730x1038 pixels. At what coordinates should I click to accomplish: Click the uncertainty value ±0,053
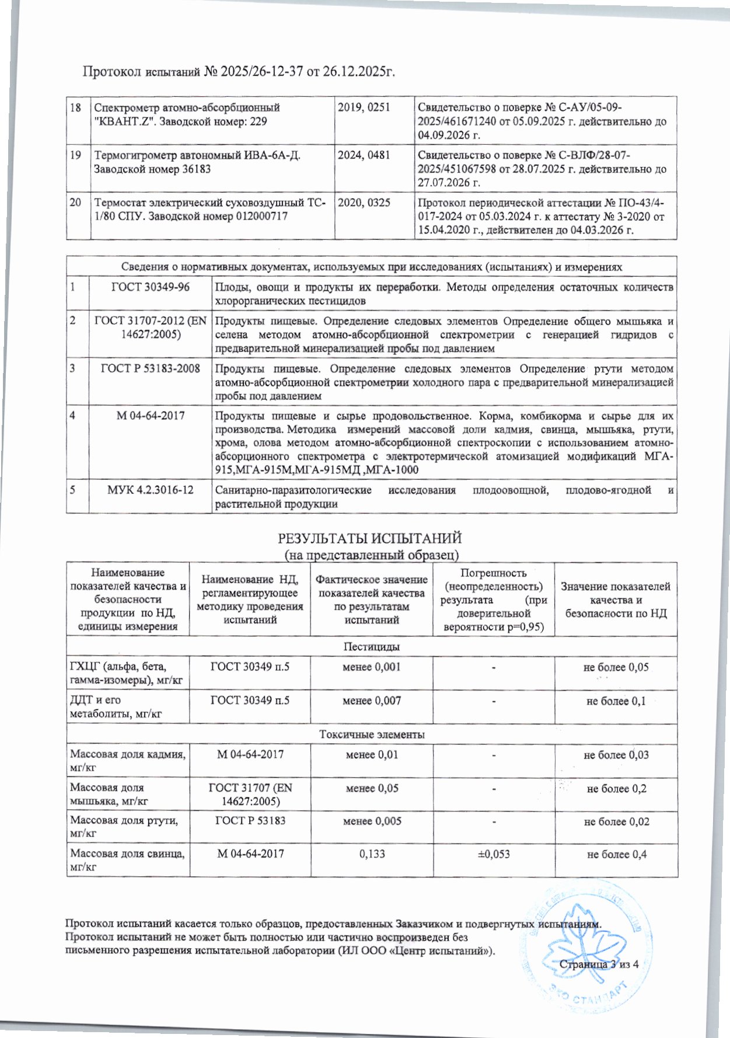point(494,854)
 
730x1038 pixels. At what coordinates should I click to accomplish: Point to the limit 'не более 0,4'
point(616,854)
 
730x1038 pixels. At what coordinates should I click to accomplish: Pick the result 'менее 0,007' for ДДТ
point(372,701)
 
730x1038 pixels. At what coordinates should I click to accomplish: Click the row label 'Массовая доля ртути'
point(124,820)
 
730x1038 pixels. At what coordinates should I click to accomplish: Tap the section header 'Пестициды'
point(371,647)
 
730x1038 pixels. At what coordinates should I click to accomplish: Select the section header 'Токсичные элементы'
point(371,734)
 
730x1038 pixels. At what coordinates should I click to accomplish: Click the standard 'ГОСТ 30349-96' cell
point(150,287)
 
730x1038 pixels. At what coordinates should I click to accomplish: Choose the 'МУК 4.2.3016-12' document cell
point(150,490)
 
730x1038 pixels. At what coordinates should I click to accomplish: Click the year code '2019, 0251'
point(364,107)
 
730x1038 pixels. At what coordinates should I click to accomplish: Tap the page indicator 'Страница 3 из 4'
point(599,964)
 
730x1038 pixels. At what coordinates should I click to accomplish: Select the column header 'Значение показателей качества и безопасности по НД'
point(616,600)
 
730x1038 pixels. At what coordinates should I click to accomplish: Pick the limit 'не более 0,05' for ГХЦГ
point(616,667)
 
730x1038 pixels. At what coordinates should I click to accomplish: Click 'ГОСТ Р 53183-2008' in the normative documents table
point(150,368)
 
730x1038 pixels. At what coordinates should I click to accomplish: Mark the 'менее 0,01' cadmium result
point(372,754)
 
